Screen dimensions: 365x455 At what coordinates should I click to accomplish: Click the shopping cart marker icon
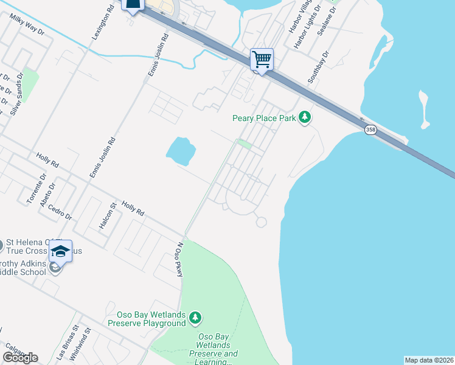262,60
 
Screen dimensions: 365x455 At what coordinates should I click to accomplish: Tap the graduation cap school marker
60,251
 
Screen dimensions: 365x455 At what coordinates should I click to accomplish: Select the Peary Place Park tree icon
304,118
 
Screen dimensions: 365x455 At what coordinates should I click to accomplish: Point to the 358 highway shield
370,130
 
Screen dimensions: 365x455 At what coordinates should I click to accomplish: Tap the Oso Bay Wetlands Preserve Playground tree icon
195,318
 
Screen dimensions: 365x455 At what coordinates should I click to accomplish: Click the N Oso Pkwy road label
179,261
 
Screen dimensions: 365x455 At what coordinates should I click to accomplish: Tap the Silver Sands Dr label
16,94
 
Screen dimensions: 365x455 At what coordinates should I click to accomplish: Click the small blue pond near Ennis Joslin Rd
181,150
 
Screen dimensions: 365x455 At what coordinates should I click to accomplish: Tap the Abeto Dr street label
47,195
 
